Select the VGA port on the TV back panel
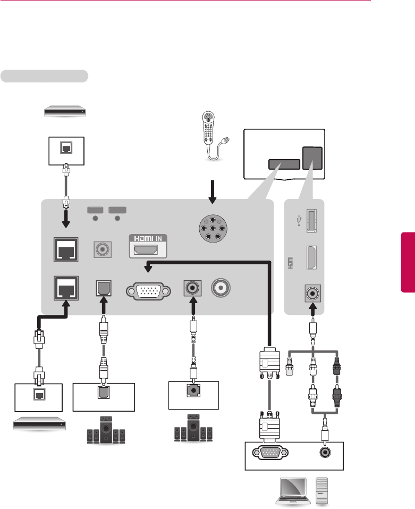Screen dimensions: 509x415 pos(148,291)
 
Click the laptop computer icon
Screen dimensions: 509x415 pos(289,491)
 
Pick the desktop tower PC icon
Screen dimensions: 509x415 pos(322,490)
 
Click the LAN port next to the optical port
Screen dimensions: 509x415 pos(63,288)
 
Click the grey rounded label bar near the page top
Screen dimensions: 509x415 pos(44,76)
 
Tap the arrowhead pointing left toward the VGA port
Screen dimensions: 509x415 pos(149,268)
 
